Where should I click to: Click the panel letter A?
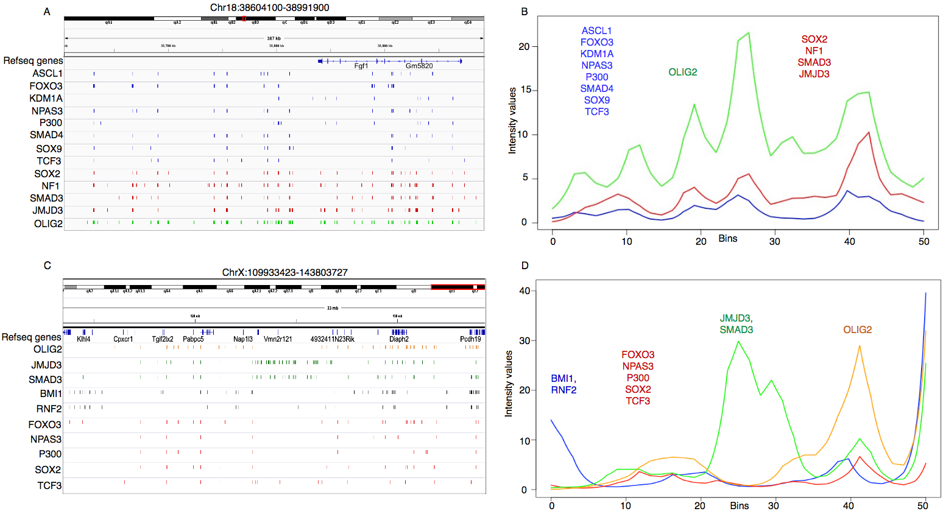(47, 12)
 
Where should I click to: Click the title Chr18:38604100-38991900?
(269, 8)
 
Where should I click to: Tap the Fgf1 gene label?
(361, 66)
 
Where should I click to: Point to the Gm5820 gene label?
(419, 66)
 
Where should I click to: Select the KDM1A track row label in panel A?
(46, 98)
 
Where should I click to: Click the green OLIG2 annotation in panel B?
(682, 72)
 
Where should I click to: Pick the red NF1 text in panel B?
(814, 51)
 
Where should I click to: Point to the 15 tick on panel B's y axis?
(524, 90)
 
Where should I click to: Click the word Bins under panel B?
(728, 238)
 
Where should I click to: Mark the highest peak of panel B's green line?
(749, 33)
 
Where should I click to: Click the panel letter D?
(524, 266)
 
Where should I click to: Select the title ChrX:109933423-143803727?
(284, 272)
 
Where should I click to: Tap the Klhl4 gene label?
(83, 339)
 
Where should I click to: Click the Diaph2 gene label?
(399, 339)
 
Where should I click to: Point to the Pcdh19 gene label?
(470, 339)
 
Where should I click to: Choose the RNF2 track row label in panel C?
(49, 409)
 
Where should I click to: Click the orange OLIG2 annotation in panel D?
(857, 329)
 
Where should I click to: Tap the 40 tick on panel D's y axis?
(524, 291)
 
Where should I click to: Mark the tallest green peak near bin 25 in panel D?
(739, 341)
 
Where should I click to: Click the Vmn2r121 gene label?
(278, 339)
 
